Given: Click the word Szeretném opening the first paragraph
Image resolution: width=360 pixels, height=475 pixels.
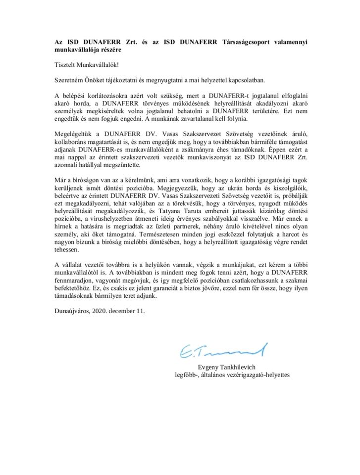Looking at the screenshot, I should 70,80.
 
